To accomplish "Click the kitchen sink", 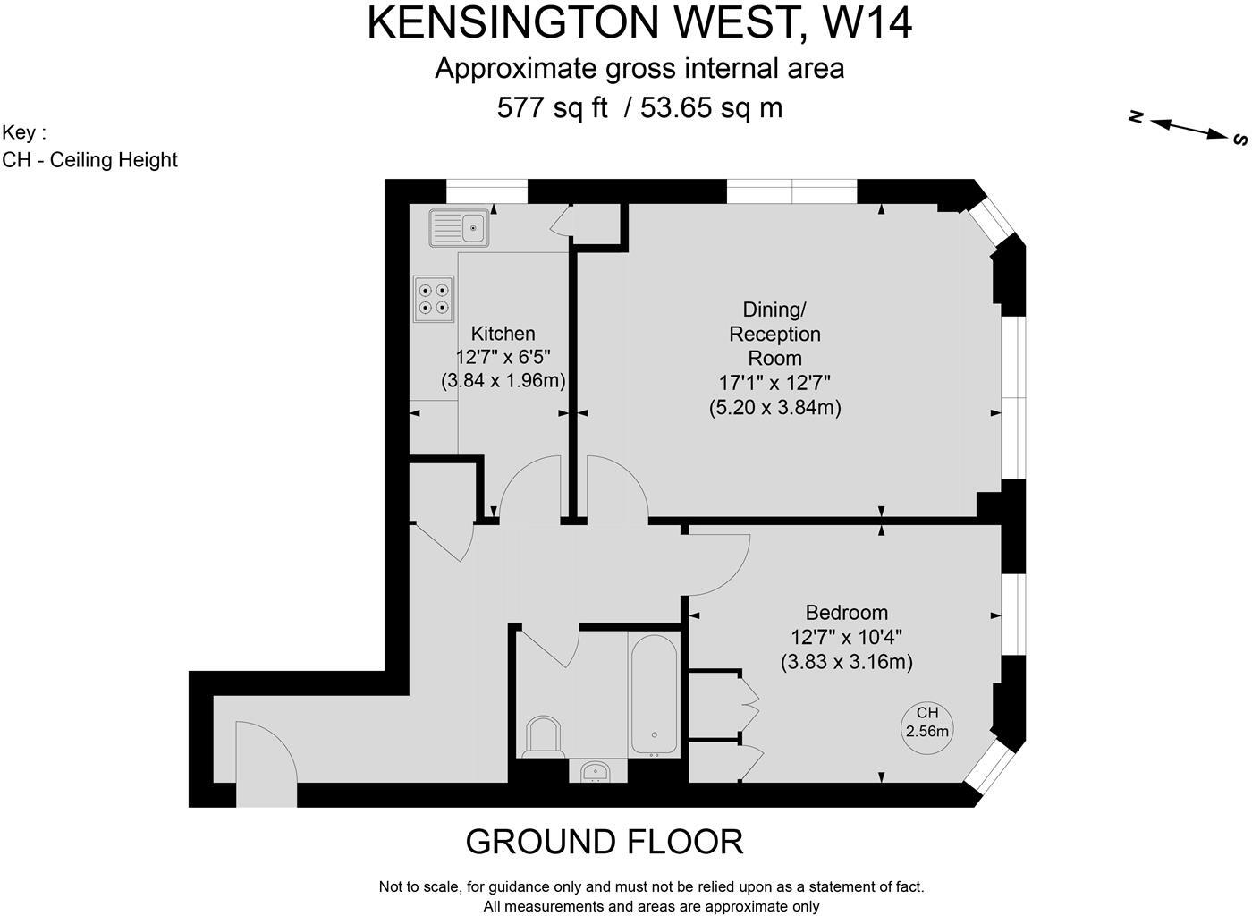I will point(460,227).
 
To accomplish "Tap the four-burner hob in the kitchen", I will point(434,299).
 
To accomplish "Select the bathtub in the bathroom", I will point(656,694).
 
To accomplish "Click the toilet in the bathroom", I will point(543,737).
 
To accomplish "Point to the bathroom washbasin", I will point(596,770).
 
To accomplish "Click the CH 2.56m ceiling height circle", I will point(927,722).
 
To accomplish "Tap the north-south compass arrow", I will point(1189,127).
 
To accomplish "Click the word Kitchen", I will point(503,334).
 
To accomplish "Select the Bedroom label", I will point(846,613).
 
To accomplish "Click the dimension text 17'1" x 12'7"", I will point(774,383).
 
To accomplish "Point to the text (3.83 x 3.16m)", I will point(846,663).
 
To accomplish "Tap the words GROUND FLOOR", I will point(605,842).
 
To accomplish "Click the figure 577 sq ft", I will point(552,108).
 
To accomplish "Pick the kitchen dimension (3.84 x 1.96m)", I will point(503,381).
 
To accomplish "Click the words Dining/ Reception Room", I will point(774,334).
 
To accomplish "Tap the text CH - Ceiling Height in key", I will point(90,160).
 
